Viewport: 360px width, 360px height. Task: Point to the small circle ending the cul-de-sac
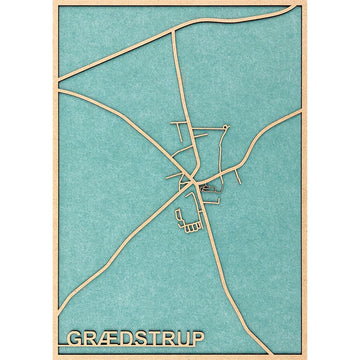click(227, 126)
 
